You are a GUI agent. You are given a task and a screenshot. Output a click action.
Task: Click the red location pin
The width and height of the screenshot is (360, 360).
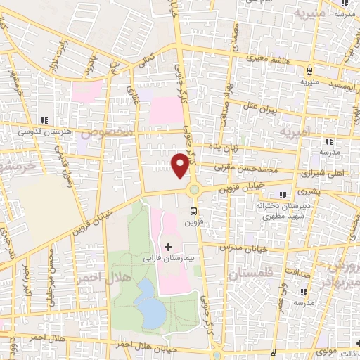[181, 165]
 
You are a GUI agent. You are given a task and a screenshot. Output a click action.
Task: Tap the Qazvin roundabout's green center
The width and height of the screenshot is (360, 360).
[193, 189]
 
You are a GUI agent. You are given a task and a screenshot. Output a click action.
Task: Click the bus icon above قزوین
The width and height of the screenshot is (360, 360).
[193, 210]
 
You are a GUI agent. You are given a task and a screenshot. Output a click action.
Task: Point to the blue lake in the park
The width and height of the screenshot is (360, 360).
[148, 298]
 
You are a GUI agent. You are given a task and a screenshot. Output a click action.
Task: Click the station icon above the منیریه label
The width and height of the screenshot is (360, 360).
[310, 70]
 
